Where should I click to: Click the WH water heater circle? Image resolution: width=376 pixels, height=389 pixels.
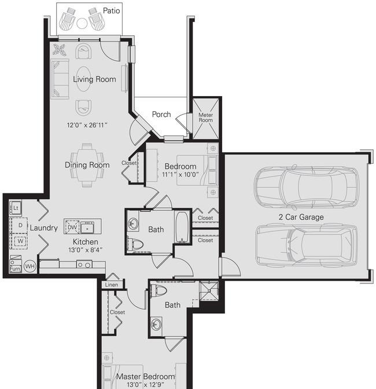coord(30,266)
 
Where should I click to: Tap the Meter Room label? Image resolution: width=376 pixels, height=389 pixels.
coord(206,118)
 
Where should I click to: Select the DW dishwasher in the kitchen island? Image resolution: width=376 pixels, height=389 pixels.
coord(72,227)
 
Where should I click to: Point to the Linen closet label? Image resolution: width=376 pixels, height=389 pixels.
coord(112,285)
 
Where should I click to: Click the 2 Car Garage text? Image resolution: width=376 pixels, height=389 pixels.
coord(301,217)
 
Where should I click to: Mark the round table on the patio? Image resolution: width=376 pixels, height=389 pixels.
coord(82,24)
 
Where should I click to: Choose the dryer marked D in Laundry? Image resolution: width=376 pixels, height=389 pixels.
coord(19,225)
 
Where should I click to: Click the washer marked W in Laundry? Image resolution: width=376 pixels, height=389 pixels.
coord(19,241)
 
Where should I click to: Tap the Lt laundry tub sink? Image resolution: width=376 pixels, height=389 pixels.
coord(16,208)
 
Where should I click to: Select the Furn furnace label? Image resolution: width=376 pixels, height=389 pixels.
coord(15,269)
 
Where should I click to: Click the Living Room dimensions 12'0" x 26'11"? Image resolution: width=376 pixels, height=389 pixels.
coord(87,125)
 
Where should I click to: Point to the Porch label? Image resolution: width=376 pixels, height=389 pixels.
coord(161,115)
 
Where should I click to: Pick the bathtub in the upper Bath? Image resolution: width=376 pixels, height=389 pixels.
coord(182,227)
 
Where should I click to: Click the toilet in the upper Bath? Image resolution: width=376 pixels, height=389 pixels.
coord(135,244)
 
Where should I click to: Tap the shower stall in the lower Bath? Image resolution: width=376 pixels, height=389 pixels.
coord(209,291)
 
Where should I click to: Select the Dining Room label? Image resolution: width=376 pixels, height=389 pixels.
coord(87,165)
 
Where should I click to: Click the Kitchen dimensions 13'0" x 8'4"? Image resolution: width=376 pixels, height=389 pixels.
coord(86,250)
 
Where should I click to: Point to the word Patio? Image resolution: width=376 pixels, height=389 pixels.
coord(111,10)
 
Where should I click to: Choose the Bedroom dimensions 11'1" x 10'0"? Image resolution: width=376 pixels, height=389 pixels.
coord(180,174)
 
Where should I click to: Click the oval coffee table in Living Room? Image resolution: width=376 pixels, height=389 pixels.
coord(83,79)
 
